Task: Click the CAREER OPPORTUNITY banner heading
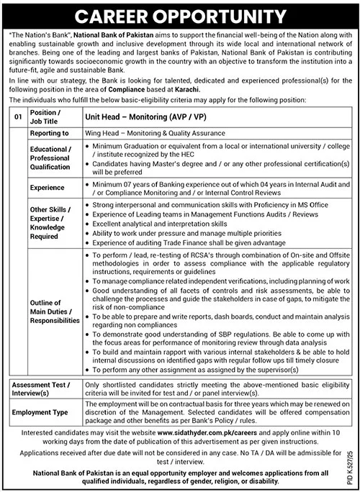(x=180, y=14)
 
